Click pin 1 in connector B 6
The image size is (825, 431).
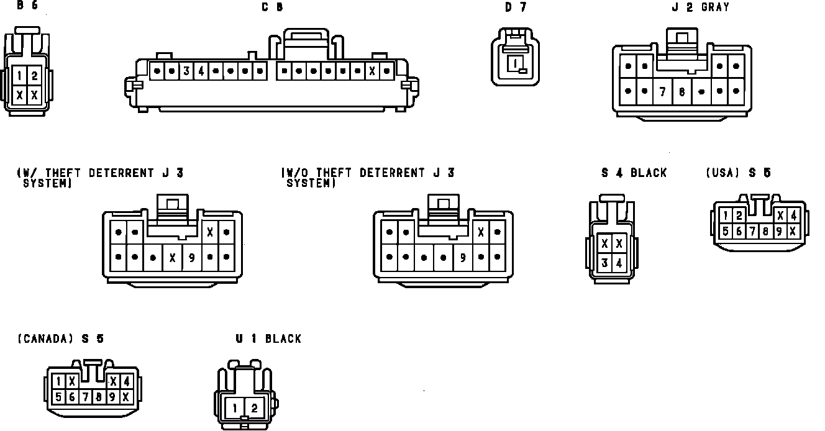coord(20,76)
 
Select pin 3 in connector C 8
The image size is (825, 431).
coord(186,71)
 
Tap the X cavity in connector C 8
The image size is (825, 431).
coord(372,71)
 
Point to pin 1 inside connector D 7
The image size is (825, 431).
coord(515,63)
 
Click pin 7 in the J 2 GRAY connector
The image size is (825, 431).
coord(663,91)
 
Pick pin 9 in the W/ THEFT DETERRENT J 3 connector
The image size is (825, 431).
coord(191,256)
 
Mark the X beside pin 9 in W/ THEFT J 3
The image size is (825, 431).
coord(173,256)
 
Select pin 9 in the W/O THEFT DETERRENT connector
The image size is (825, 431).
coord(462,256)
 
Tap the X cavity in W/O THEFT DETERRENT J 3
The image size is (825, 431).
coord(480,232)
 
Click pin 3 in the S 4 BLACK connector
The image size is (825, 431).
coord(604,263)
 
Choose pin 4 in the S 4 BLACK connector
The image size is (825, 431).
coord(619,263)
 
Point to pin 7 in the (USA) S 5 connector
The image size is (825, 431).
coord(751,231)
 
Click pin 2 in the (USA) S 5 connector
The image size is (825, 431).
coord(738,215)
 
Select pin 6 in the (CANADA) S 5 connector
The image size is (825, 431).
coord(71,396)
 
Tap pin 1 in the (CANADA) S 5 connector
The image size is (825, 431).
coord(58,381)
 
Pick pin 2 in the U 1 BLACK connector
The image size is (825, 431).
coord(254,408)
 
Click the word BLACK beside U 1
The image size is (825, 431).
coord(283,339)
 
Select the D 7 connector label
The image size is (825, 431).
coord(515,7)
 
